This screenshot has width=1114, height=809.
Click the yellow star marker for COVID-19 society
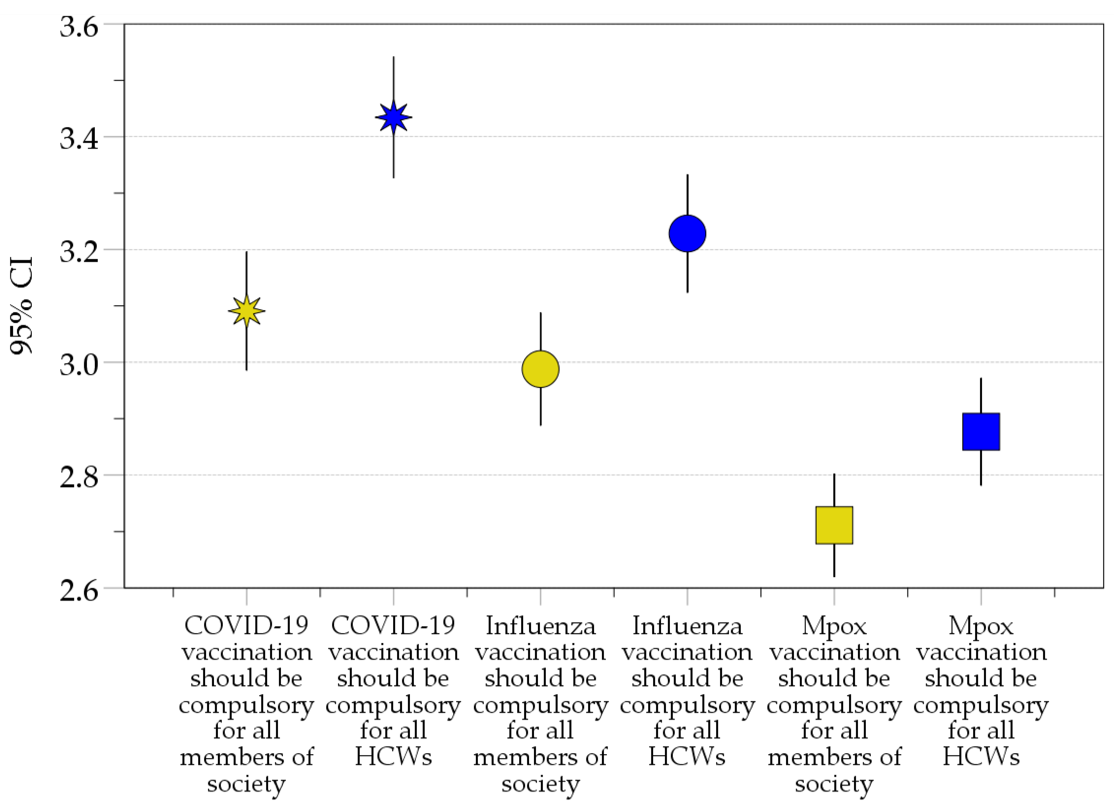coord(246,311)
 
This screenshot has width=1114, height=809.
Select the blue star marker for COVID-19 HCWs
coord(393,117)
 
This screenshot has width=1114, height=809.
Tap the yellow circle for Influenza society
coord(540,369)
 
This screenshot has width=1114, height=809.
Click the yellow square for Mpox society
coord(834,525)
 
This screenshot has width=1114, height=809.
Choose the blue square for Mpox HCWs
coord(981,432)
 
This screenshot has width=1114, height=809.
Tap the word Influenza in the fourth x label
coord(687,626)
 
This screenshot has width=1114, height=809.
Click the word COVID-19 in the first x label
coord(246,626)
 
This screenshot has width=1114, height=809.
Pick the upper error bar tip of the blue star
coord(393,57)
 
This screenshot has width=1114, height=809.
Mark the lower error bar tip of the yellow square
coord(834,576)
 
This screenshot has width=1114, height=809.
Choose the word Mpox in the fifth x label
coord(834,626)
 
